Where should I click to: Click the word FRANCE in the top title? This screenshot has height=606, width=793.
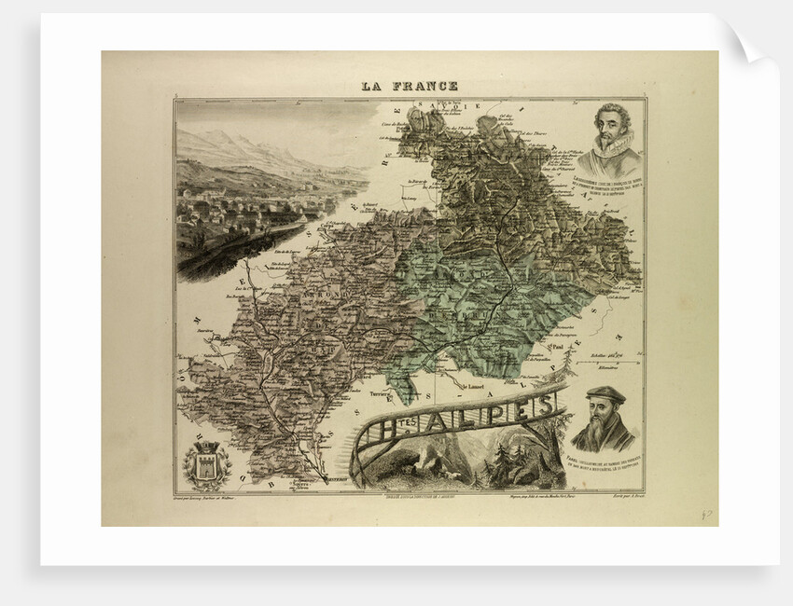click(425, 87)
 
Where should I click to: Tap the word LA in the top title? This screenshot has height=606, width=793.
click(374, 87)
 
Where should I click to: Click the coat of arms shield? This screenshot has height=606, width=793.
click(206, 463)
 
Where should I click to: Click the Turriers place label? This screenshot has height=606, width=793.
click(398, 384)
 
